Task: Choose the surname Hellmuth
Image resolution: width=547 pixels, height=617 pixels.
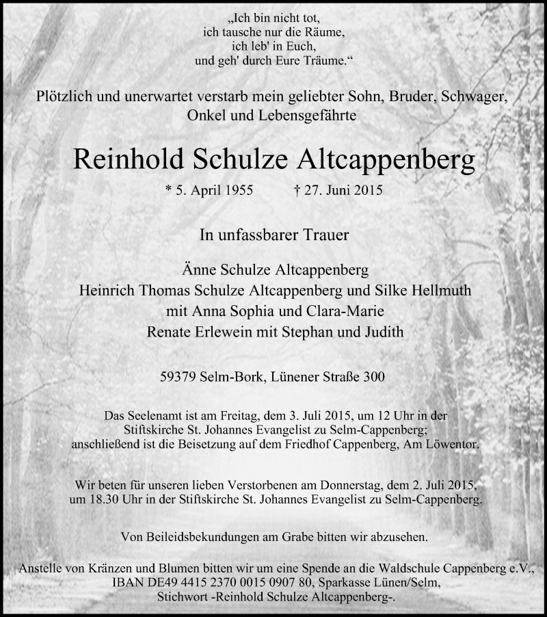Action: (x=438, y=290)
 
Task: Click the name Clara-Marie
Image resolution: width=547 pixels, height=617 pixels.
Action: (x=349, y=311)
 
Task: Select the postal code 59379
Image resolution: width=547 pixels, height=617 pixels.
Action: (x=177, y=376)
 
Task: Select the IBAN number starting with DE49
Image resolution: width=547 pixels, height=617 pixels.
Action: (x=228, y=582)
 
